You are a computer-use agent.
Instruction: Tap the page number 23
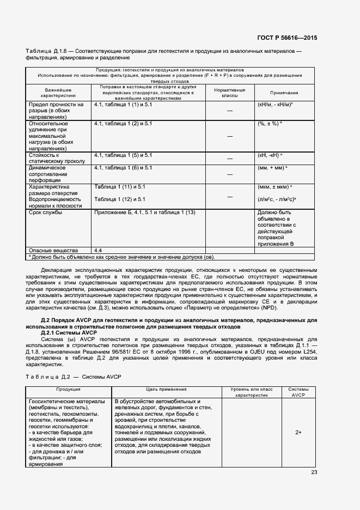[314, 472]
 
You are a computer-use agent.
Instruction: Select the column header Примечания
[284, 93]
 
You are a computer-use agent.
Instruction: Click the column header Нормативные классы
[229, 93]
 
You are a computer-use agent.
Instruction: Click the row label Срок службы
[45, 212]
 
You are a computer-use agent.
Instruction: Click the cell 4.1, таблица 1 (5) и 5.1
[123, 155]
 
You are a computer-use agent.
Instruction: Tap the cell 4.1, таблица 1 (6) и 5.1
[123, 168]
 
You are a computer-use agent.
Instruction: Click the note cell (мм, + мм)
[272, 168]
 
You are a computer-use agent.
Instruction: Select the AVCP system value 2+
[298, 432]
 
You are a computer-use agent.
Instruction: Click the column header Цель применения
[166, 390]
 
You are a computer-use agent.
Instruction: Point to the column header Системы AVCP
[298, 392]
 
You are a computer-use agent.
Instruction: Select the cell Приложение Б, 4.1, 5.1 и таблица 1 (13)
[145, 212]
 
